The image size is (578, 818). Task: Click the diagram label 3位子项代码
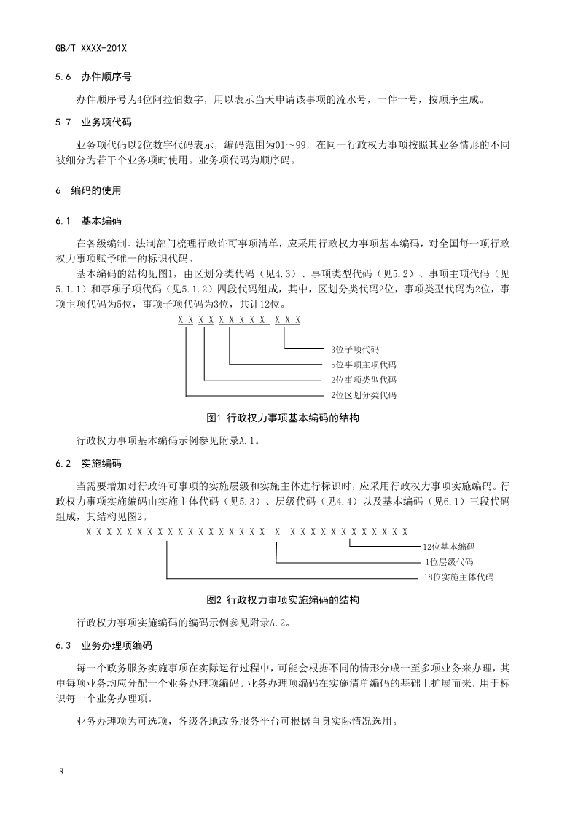coord(354,350)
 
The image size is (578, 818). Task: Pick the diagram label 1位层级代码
coord(449,562)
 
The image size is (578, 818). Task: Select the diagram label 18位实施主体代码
coord(458,577)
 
